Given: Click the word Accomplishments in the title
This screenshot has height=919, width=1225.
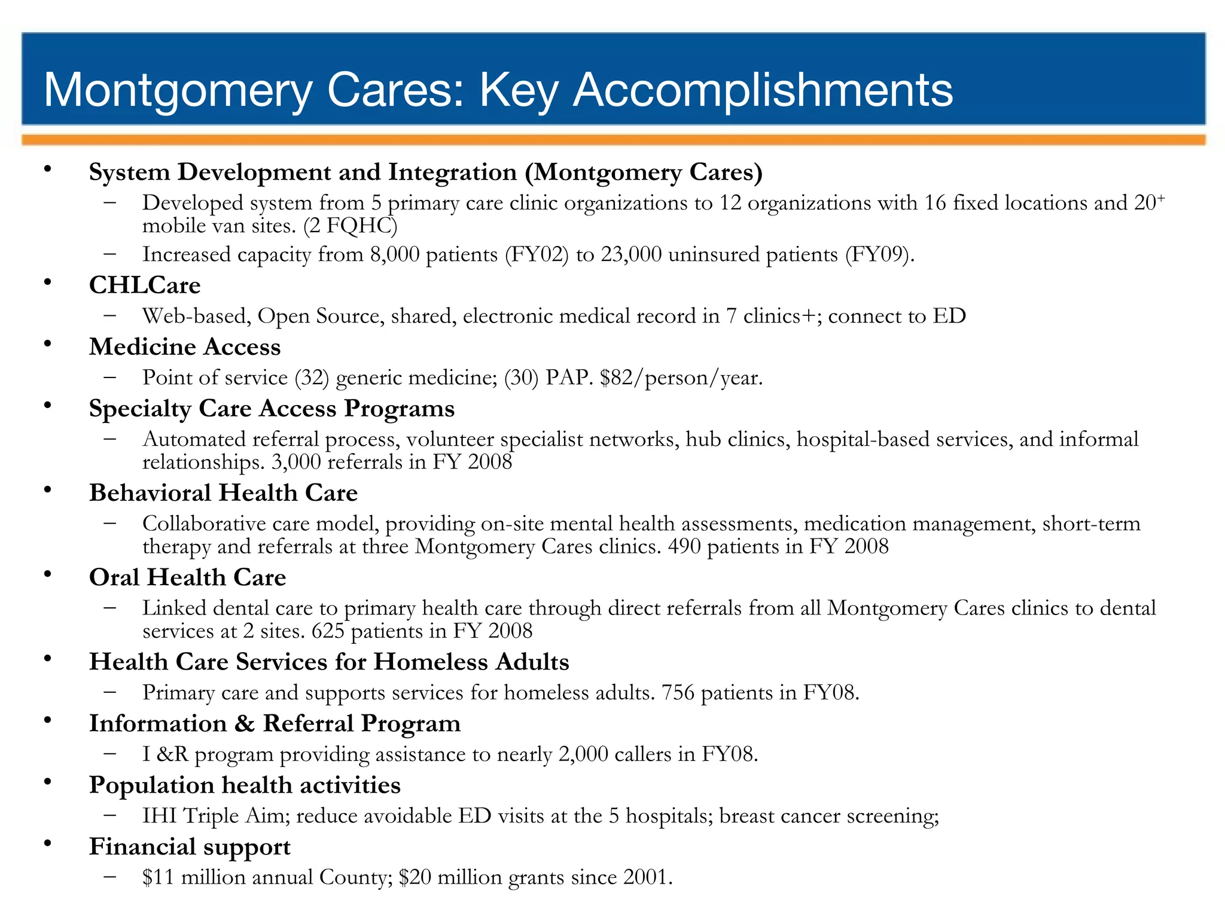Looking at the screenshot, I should [x=763, y=90].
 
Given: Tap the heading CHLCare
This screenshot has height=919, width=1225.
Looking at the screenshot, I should [x=145, y=285].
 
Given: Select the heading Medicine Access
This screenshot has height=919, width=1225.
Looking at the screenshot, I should [x=185, y=347].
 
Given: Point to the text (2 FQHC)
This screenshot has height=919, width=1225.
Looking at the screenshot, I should [x=350, y=226].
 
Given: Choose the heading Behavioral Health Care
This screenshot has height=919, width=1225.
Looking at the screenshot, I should [x=223, y=493].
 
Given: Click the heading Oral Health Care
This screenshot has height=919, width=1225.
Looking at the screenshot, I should [x=187, y=577].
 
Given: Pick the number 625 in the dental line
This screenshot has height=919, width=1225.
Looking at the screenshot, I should [x=328, y=631].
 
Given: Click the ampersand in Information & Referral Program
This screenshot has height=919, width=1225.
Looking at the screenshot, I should [x=244, y=724].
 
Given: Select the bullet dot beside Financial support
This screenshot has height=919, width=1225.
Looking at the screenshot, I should [x=47, y=844].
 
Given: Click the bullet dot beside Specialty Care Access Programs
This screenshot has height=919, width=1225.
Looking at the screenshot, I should [x=47, y=406].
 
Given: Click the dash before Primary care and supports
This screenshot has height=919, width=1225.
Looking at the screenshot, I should [x=109, y=692].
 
